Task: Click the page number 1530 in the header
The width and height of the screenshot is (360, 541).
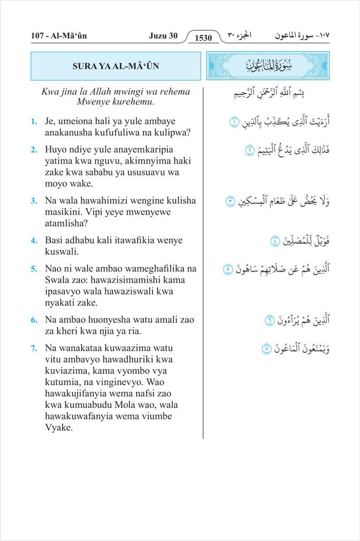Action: point(203,38)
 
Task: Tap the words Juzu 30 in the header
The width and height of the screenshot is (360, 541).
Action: point(163,36)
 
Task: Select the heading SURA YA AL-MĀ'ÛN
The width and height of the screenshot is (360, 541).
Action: point(116,66)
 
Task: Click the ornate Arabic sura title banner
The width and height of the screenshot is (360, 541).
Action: point(268,66)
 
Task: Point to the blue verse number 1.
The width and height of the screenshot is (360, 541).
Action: point(34,122)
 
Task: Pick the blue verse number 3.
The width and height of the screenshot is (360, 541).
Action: point(34,201)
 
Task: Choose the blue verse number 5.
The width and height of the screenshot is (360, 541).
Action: point(34,269)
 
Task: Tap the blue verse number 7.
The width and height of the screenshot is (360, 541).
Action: point(34,348)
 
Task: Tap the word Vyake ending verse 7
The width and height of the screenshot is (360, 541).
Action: point(59,428)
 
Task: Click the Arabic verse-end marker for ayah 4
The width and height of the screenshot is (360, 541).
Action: point(275,241)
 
